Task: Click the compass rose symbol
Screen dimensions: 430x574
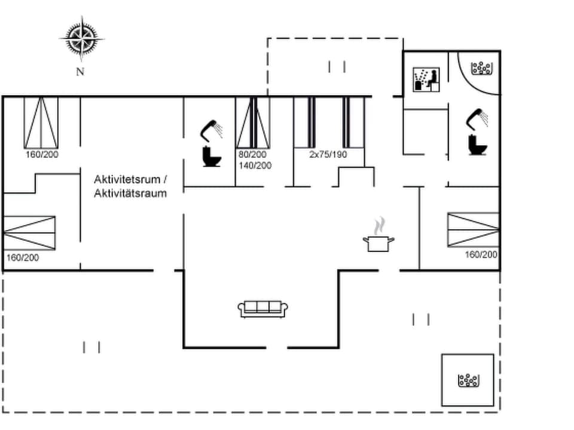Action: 81,39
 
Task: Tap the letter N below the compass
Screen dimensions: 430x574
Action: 80,72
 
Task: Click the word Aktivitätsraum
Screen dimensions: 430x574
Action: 130,193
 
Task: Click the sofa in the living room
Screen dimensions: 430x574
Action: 263,308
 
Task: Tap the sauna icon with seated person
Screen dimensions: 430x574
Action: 427,79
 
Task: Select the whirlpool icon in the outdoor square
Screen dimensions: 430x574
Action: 468,380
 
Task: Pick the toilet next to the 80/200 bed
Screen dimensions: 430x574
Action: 210,156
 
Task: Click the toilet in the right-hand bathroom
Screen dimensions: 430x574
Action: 477,145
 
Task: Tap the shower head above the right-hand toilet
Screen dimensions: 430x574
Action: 477,117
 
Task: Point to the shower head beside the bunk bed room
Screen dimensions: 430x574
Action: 211,128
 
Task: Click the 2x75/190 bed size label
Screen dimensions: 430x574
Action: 328,154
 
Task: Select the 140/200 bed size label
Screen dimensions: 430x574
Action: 254,165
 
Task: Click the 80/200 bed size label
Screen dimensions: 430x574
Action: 251,154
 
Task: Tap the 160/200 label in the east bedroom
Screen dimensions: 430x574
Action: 481,254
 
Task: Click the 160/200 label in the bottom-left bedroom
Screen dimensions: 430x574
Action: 22,258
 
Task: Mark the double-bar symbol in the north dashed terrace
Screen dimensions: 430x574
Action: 337,67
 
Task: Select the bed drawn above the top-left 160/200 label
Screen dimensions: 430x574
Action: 41,122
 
